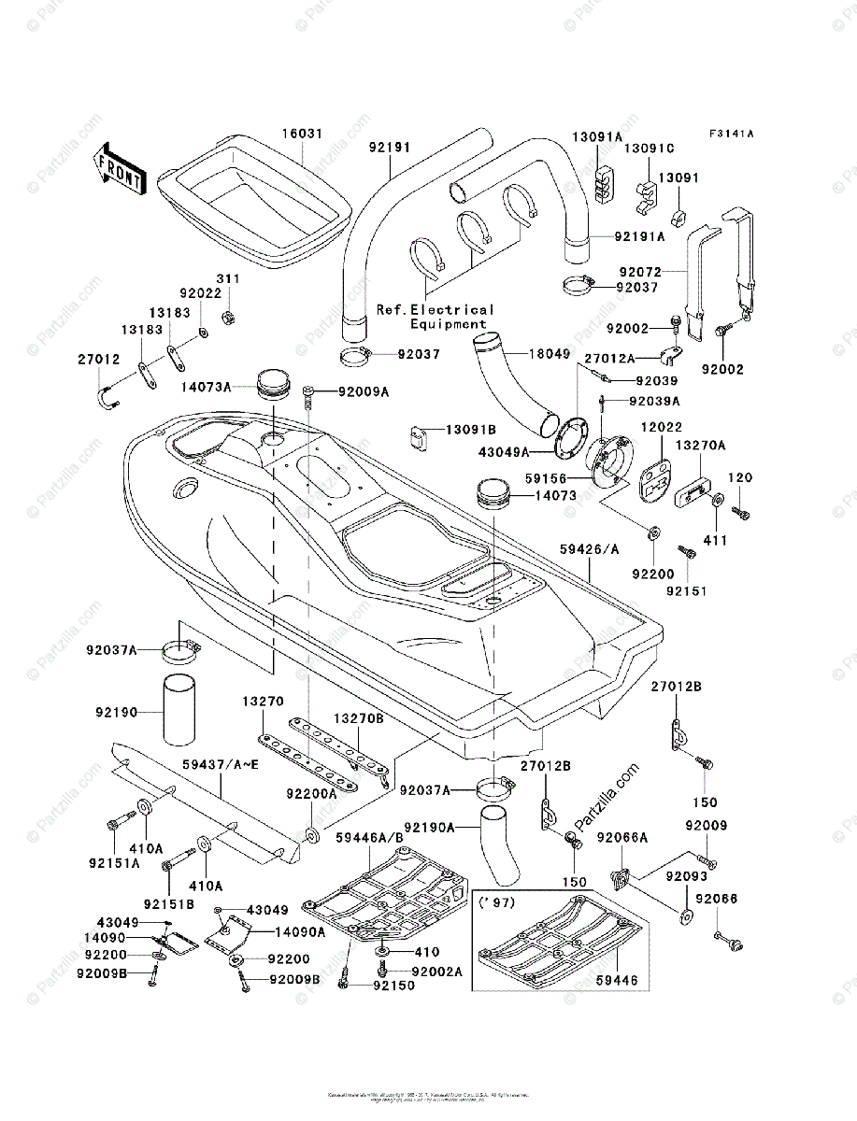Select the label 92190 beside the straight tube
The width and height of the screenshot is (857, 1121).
[116, 713]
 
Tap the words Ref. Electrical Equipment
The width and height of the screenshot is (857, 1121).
[435, 317]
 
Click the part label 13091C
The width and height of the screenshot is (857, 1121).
[649, 149]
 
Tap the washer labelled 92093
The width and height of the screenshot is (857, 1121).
[685, 916]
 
